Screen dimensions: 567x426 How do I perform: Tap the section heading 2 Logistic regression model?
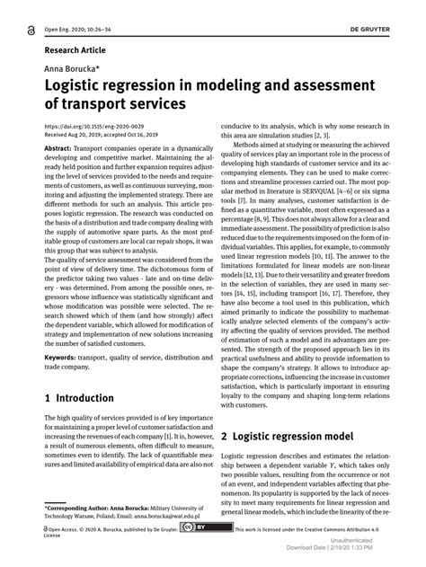[x=297, y=436]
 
